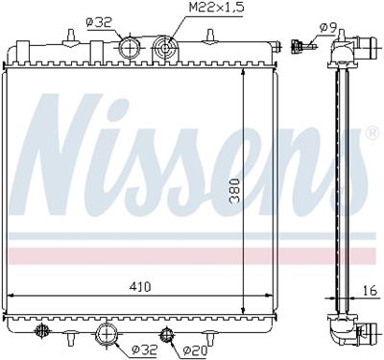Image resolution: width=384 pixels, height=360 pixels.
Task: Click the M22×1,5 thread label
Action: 216,7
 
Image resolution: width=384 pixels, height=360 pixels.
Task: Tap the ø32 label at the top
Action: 99,23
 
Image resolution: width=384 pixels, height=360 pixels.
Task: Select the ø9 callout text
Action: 327,28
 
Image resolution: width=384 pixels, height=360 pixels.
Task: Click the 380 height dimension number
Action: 235,191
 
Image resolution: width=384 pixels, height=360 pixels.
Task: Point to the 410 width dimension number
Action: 140,287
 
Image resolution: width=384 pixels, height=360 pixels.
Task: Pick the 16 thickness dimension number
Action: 371,291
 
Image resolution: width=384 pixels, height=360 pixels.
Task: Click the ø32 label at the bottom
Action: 144,350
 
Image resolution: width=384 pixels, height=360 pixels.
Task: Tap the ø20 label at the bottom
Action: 196,351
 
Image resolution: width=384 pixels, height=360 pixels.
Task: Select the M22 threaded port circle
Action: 165,49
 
